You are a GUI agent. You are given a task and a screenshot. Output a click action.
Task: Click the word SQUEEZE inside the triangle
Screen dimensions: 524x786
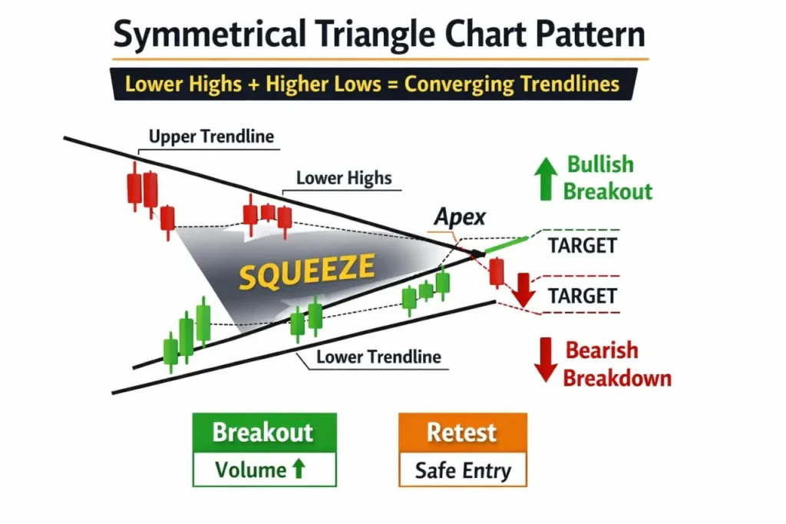307,271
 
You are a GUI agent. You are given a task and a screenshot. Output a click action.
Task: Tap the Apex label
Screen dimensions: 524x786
460,217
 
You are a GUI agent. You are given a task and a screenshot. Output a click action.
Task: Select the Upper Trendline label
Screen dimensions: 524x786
211,137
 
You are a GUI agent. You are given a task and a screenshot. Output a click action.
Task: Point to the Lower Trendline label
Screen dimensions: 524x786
378,357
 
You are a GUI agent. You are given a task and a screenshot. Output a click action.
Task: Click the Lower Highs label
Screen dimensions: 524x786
344,178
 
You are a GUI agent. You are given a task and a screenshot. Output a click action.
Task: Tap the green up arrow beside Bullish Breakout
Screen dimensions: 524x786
546,178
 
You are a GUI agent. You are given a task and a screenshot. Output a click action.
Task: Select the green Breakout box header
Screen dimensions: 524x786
263,433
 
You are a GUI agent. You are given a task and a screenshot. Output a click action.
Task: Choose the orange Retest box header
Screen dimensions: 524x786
462,432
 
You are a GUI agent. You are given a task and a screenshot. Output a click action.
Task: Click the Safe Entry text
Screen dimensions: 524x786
462,470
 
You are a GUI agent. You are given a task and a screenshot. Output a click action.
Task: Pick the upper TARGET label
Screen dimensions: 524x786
583,246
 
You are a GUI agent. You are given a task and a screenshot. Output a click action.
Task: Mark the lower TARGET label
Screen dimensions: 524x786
583,295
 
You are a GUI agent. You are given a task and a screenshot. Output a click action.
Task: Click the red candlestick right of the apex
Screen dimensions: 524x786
497,273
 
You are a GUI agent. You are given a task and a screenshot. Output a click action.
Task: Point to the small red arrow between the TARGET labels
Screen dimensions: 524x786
525,289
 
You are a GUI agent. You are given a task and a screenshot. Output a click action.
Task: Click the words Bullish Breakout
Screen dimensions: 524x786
608,177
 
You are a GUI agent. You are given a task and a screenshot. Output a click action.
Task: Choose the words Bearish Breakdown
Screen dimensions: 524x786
617,364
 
